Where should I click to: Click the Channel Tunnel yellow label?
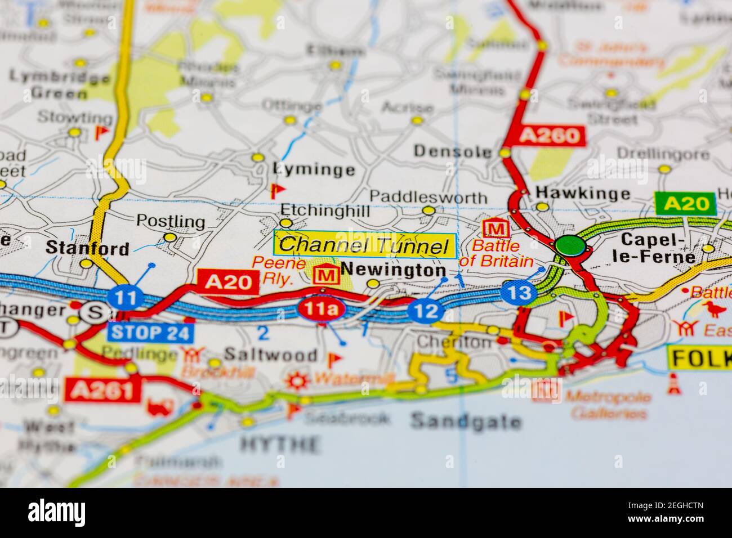tap(364, 245)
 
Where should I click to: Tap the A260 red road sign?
tap(550, 135)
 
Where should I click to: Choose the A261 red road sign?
tap(101, 389)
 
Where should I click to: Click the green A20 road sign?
tap(685, 204)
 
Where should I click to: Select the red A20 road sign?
tap(227, 281)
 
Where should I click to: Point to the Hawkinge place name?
tap(583, 194)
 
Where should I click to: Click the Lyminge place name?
tap(314, 169)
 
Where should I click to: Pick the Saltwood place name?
tap(270, 355)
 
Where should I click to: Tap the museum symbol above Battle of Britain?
tap(496, 228)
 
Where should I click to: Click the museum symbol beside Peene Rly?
tap(325, 275)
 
